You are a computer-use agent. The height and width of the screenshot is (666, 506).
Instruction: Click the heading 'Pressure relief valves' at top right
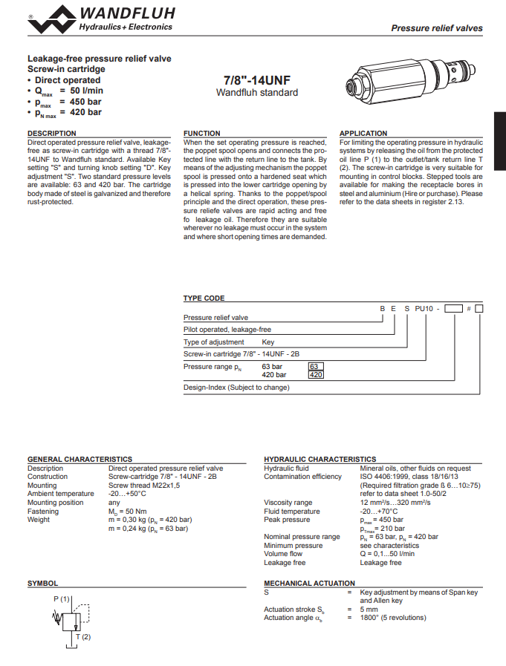point(437,28)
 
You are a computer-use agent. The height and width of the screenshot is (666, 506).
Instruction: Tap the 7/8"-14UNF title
point(256,80)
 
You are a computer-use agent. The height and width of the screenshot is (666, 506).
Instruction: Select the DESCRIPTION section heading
point(52,134)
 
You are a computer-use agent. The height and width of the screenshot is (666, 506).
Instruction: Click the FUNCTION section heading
point(202,134)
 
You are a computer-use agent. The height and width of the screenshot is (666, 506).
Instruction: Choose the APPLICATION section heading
point(363,134)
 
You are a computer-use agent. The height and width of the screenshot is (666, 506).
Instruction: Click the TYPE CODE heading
point(204,298)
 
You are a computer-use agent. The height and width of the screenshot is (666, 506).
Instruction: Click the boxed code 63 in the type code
point(315,367)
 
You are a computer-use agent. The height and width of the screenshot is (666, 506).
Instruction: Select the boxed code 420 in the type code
point(316,375)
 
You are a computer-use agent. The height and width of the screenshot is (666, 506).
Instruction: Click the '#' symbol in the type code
point(469,308)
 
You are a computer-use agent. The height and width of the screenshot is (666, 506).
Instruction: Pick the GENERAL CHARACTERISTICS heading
point(80,460)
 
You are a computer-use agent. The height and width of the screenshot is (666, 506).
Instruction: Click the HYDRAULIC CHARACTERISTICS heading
point(320,460)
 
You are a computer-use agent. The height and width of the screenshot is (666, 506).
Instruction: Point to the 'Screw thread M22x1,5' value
point(143,486)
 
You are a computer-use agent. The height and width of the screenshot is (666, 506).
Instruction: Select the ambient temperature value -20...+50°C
point(127,494)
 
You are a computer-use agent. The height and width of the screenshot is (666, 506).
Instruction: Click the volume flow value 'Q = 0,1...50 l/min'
point(387,554)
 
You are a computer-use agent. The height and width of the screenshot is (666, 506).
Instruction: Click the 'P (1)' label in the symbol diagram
point(62,598)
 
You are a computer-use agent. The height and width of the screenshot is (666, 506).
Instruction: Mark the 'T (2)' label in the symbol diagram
point(82,637)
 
